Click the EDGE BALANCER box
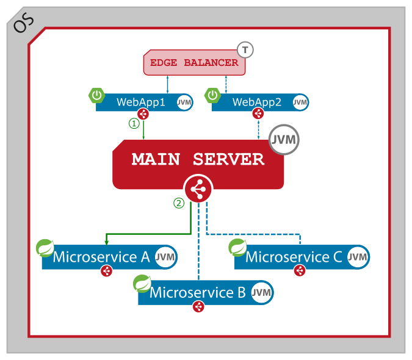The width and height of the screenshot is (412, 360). click(x=194, y=63)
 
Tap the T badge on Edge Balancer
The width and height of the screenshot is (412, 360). click(x=245, y=50)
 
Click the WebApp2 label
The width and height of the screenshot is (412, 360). click(x=256, y=102)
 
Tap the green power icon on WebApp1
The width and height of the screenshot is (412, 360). click(x=96, y=95)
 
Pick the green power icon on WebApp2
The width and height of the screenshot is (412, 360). click(x=212, y=95)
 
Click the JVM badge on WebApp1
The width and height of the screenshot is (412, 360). click(x=184, y=103)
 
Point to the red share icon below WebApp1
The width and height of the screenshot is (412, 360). click(x=143, y=113)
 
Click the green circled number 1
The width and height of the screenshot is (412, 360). click(x=134, y=123)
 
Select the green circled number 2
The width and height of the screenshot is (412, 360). click(x=179, y=203)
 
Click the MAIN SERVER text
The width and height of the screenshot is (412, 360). click(x=198, y=160)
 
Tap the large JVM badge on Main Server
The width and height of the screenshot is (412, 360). click(x=284, y=140)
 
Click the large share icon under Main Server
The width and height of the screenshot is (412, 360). click(x=198, y=190)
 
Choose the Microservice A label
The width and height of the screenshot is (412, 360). click(x=101, y=257)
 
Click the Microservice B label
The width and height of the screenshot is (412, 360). click(x=197, y=292)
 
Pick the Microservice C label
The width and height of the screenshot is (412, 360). click(x=294, y=257)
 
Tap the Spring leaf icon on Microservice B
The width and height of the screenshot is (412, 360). click(x=142, y=284)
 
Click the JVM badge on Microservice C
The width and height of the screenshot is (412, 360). click(x=358, y=257)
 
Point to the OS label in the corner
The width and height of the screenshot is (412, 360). click(x=24, y=23)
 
